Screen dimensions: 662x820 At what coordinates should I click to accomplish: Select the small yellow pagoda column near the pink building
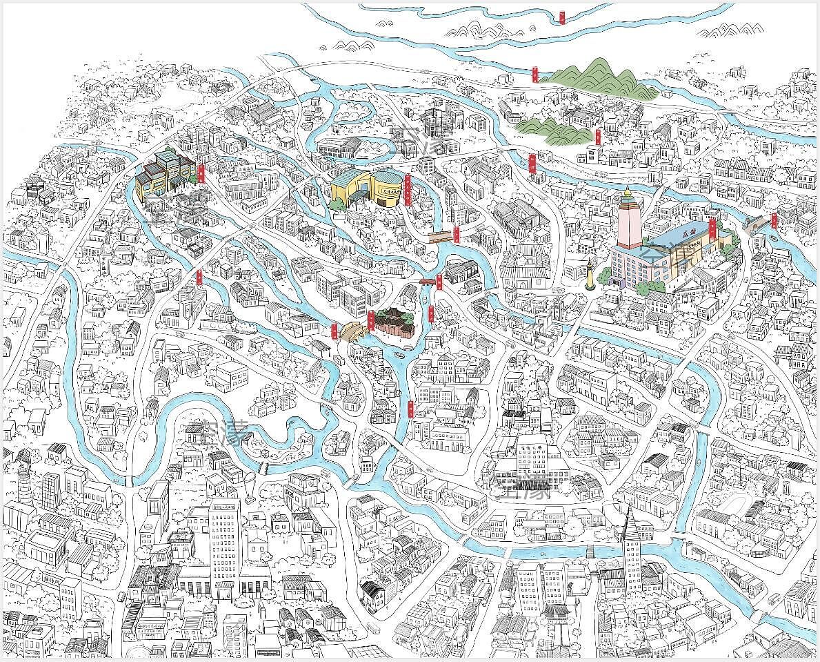click(x=590, y=272)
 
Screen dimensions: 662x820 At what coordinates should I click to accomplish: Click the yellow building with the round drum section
click(x=366, y=189)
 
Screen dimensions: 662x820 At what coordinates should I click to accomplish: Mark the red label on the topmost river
click(x=563, y=17)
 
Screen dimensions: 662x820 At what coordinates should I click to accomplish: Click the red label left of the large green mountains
click(x=535, y=73)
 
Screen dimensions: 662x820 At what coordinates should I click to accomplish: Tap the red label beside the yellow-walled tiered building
click(x=201, y=173)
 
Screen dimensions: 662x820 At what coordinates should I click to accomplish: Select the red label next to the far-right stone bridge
click(x=774, y=220)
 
